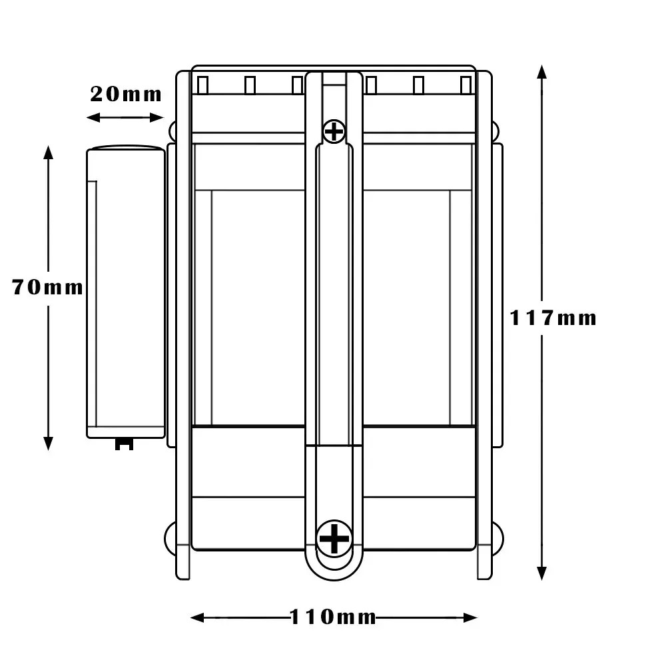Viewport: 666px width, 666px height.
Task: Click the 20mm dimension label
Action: (x=126, y=95)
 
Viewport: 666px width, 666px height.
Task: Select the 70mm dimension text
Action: (x=47, y=287)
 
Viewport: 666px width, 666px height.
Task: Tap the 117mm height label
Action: (x=553, y=318)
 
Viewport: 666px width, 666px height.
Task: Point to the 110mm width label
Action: (x=333, y=617)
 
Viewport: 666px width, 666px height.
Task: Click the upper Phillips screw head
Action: (x=334, y=131)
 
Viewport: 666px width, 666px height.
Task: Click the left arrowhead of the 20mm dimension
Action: (x=93, y=118)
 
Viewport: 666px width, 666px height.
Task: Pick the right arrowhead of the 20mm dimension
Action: (x=157, y=118)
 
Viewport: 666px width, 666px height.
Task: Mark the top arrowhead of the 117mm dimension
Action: (x=541, y=72)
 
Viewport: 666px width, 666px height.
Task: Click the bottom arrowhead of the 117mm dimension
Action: (x=541, y=573)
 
